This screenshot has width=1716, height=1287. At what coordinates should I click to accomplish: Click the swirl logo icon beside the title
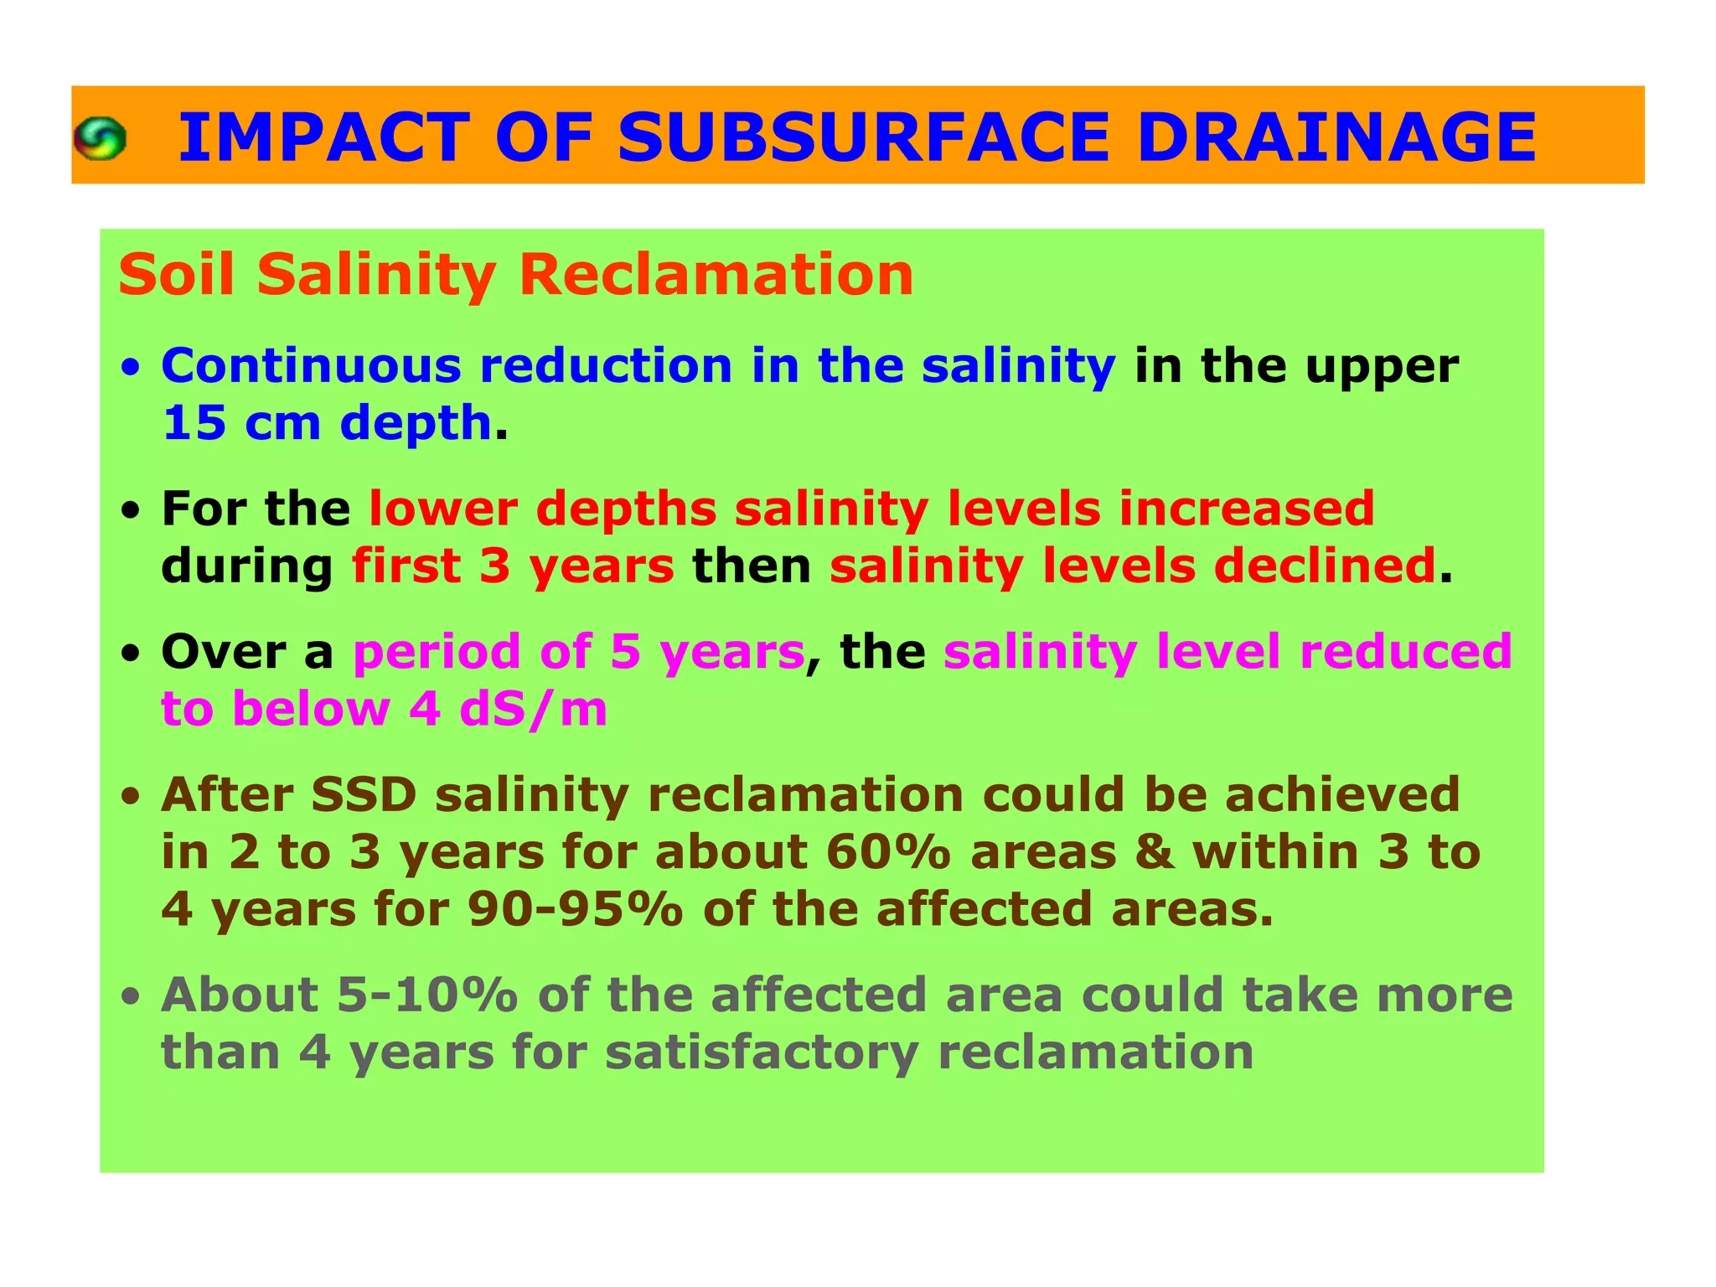(x=100, y=138)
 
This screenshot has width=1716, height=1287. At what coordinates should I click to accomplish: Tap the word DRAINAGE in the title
(x=1336, y=137)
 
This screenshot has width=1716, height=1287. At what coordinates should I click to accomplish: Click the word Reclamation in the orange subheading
(x=716, y=275)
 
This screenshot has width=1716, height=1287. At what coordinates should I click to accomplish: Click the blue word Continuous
(x=311, y=366)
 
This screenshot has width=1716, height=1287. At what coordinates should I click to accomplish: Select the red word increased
(x=1246, y=509)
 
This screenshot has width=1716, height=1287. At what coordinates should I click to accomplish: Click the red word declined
(x=1325, y=566)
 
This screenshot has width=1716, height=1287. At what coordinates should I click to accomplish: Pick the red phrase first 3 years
(x=513, y=566)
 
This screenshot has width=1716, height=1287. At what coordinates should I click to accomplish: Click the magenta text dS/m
(x=533, y=710)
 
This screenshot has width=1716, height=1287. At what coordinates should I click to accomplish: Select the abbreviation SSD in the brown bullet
(x=364, y=795)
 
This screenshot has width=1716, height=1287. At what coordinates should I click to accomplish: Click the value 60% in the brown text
(x=887, y=853)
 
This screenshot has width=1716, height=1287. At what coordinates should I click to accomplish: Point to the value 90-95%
(x=576, y=910)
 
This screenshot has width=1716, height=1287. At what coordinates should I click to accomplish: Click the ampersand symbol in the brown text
(x=1154, y=853)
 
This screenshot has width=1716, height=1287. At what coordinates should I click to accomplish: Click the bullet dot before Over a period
(x=130, y=654)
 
